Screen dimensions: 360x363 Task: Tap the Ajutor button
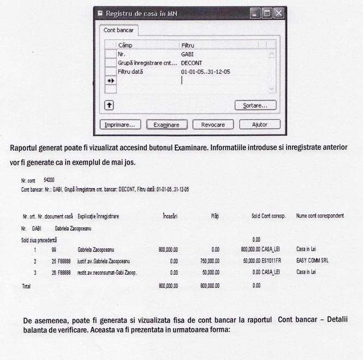point(259,125)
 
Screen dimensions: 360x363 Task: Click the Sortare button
point(255,105)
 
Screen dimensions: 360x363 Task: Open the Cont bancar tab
point(118,30)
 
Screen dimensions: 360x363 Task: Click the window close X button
point(278,13)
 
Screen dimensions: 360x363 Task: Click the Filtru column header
point(187,45)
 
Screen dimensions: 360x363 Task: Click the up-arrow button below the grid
point(109,105)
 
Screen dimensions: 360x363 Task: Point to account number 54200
point(49,179)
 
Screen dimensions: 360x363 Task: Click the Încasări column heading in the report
point(170,216)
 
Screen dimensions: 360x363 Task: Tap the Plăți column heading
point(215,216)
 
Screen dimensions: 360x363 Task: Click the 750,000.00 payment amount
point(210,261)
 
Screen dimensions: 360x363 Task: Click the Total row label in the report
point(26,286)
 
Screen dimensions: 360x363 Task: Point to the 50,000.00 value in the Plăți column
point(211,272)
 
